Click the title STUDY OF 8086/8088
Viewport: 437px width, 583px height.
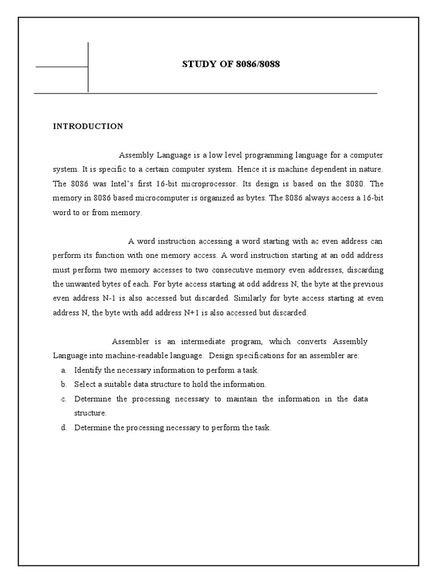230,64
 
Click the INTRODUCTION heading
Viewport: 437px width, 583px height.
88,126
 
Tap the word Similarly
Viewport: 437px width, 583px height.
250,298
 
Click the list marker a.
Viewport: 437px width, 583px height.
64,370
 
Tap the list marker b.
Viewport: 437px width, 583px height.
64,384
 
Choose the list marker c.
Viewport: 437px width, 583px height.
64,399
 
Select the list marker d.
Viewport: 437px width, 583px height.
64,428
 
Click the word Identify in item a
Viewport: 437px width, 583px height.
87,370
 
